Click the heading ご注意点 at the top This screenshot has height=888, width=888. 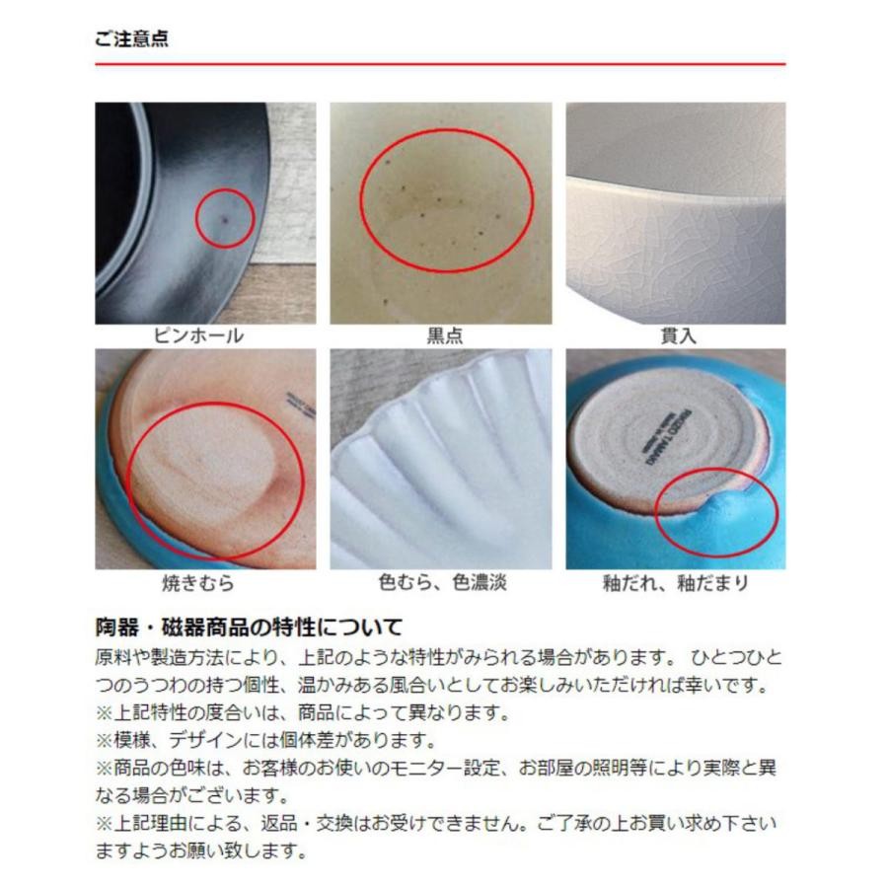[x=130, y=38]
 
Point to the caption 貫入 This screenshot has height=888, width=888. [x=677, y=335]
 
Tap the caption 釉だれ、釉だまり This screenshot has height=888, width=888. [x=676, y=583]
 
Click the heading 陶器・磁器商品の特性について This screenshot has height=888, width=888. [x=249, y=627]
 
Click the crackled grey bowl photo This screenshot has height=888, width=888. [x=676, y=213]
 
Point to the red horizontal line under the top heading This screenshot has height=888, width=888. [x=440, y=64]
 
